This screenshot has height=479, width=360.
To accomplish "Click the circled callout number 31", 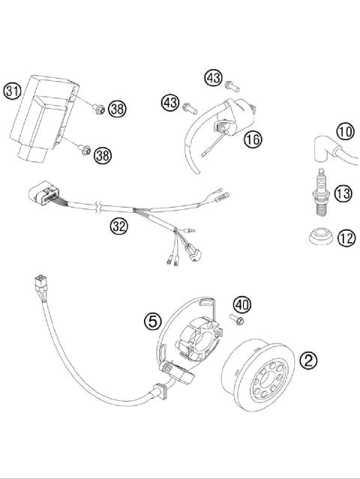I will (x=11, y=91).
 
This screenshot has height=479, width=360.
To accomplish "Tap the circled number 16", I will (x=252, y=139).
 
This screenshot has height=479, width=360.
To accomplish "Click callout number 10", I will (x=344, y=133).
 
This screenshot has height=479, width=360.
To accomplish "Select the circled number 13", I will (x=343, y=195).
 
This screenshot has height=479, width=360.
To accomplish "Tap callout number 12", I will (x=346, y=239).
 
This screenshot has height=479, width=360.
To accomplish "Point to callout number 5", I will (x=152, y=321).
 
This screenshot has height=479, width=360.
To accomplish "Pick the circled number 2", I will (x=308, y=360).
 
